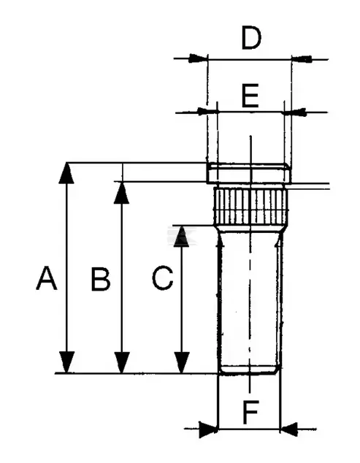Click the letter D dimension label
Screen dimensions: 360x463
pyautogui.click(x=251, y=37)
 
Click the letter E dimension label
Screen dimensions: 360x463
pyautogui.click(x=250, y=96)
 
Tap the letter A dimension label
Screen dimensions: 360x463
pyautogui.click(x=46, y=278)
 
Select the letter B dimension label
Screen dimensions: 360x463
pyautogui.click(x=101, y=280)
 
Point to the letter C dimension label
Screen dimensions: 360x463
pyautogui.click(x=162, y=278)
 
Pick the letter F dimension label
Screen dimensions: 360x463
pyautogui.click(x=250, y=412)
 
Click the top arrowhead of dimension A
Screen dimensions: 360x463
pyautogui.click(x=66, y=173)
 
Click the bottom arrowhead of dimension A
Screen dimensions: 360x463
pyautogui.click(x=66, y=363)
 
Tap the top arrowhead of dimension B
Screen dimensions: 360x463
pyautogui.click(x=122, y=193)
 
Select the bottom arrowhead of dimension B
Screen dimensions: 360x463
pyautogui.click(x=122, y=363)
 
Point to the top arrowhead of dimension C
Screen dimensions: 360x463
pyautogui.click(x=181, y=236)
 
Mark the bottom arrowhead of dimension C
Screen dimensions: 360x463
pyautogui.click(x=181, y=363)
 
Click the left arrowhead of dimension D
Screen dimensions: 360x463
pyautogui.click(x=198, y=58)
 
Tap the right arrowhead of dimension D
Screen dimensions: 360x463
pyautogui.click(x=302, y=58)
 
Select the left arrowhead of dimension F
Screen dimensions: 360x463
pyautogui.click(x=209, y=429)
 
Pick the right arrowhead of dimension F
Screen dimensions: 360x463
pyautogui.click(x=288, y=429)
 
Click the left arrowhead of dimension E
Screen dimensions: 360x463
pyautogui.click(x=207, y=112)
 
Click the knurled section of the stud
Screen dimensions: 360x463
pyautogui.click(x=250, y=207)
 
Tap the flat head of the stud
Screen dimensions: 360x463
pyautogui.click(x=249, y=173)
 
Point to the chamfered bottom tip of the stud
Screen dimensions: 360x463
pyautogui.click(x=250, y=370)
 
